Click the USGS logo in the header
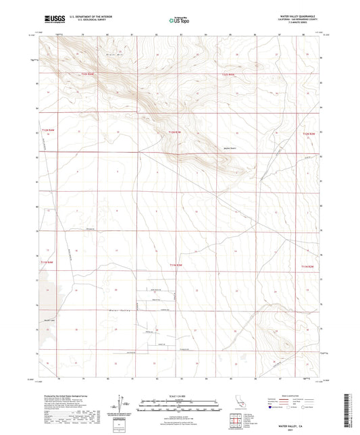[51, 20]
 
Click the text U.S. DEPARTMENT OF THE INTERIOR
[87, 16]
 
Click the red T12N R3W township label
[175, 132]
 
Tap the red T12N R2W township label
[307, 132]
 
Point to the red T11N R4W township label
[45, 262]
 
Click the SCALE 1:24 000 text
[179, 395]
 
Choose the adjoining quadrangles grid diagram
[236, 423]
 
